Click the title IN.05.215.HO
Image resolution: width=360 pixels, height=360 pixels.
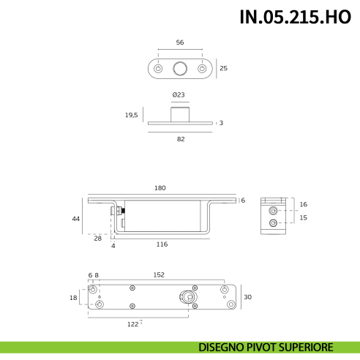pos(295,17)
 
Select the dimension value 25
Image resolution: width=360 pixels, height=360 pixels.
pos(224,68)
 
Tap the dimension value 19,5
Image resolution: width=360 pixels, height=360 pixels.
pos(131,114)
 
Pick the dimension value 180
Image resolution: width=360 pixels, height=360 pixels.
pos(160,188)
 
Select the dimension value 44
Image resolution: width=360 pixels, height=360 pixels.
pos(75,219)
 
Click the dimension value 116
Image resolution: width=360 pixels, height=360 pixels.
pos(162,244)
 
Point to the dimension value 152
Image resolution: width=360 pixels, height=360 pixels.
pos(159,275)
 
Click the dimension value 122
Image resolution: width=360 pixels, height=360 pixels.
pos(132,323)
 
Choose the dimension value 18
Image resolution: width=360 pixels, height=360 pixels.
pos(72,297)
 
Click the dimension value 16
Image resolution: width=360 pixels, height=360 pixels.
pos(304,204)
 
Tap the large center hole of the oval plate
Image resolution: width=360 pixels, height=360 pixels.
pos(180,69)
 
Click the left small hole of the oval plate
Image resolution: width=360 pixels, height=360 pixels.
pos(158,69)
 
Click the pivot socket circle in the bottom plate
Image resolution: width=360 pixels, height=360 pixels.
pos(189,297)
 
